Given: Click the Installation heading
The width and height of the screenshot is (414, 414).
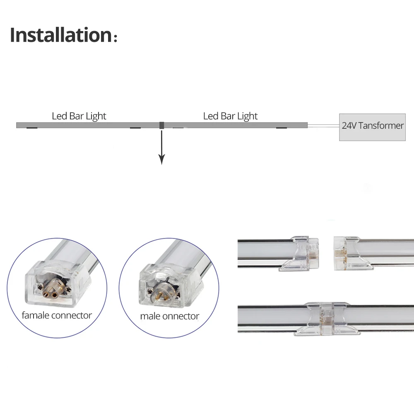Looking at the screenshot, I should pos(60,35).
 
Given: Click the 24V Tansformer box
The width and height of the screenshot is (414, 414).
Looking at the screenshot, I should pos(372,127).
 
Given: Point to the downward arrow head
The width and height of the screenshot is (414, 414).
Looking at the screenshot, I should pos(162,159).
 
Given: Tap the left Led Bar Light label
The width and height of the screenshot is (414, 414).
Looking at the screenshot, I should pos(79,116).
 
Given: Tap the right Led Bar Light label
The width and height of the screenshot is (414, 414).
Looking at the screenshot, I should pos(230,116).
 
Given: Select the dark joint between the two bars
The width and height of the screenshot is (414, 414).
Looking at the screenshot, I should pos(162,125).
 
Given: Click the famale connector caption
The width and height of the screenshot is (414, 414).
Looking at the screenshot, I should pos(57,315).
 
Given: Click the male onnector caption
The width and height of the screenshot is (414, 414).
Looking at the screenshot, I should pos(169,316).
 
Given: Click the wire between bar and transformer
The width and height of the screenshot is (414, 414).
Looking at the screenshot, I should pos(323,125).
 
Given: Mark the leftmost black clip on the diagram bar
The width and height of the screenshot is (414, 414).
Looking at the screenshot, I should pos(31,128).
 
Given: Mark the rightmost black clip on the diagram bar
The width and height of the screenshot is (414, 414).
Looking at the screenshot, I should pos(282,128).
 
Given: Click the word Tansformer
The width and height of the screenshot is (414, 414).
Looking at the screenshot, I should pos(380,126).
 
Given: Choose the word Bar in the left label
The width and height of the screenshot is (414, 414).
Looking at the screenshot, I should pos(77,116).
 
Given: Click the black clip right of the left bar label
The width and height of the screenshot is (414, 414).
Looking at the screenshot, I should pos(135,128).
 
